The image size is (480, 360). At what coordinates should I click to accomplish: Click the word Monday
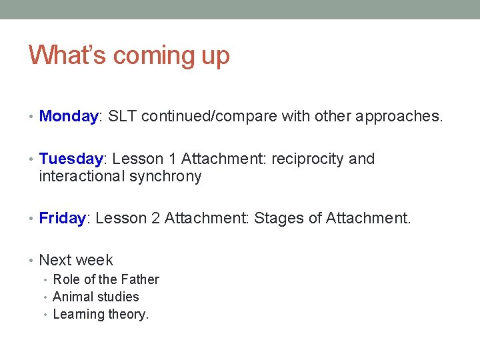(x=68, y=116)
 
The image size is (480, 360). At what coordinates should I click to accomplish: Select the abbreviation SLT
(x=122, y=116)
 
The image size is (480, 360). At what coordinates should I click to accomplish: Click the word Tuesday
(x=71, y=159)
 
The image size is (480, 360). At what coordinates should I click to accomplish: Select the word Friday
(x=63, y=218)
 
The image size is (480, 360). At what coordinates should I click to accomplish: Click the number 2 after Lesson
(x=155, y=218)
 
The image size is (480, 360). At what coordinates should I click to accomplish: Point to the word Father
(x=139, y=279)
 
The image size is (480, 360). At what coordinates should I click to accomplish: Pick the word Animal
(x=72, y=297)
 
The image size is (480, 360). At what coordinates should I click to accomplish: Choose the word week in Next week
(x=95, y=260)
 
